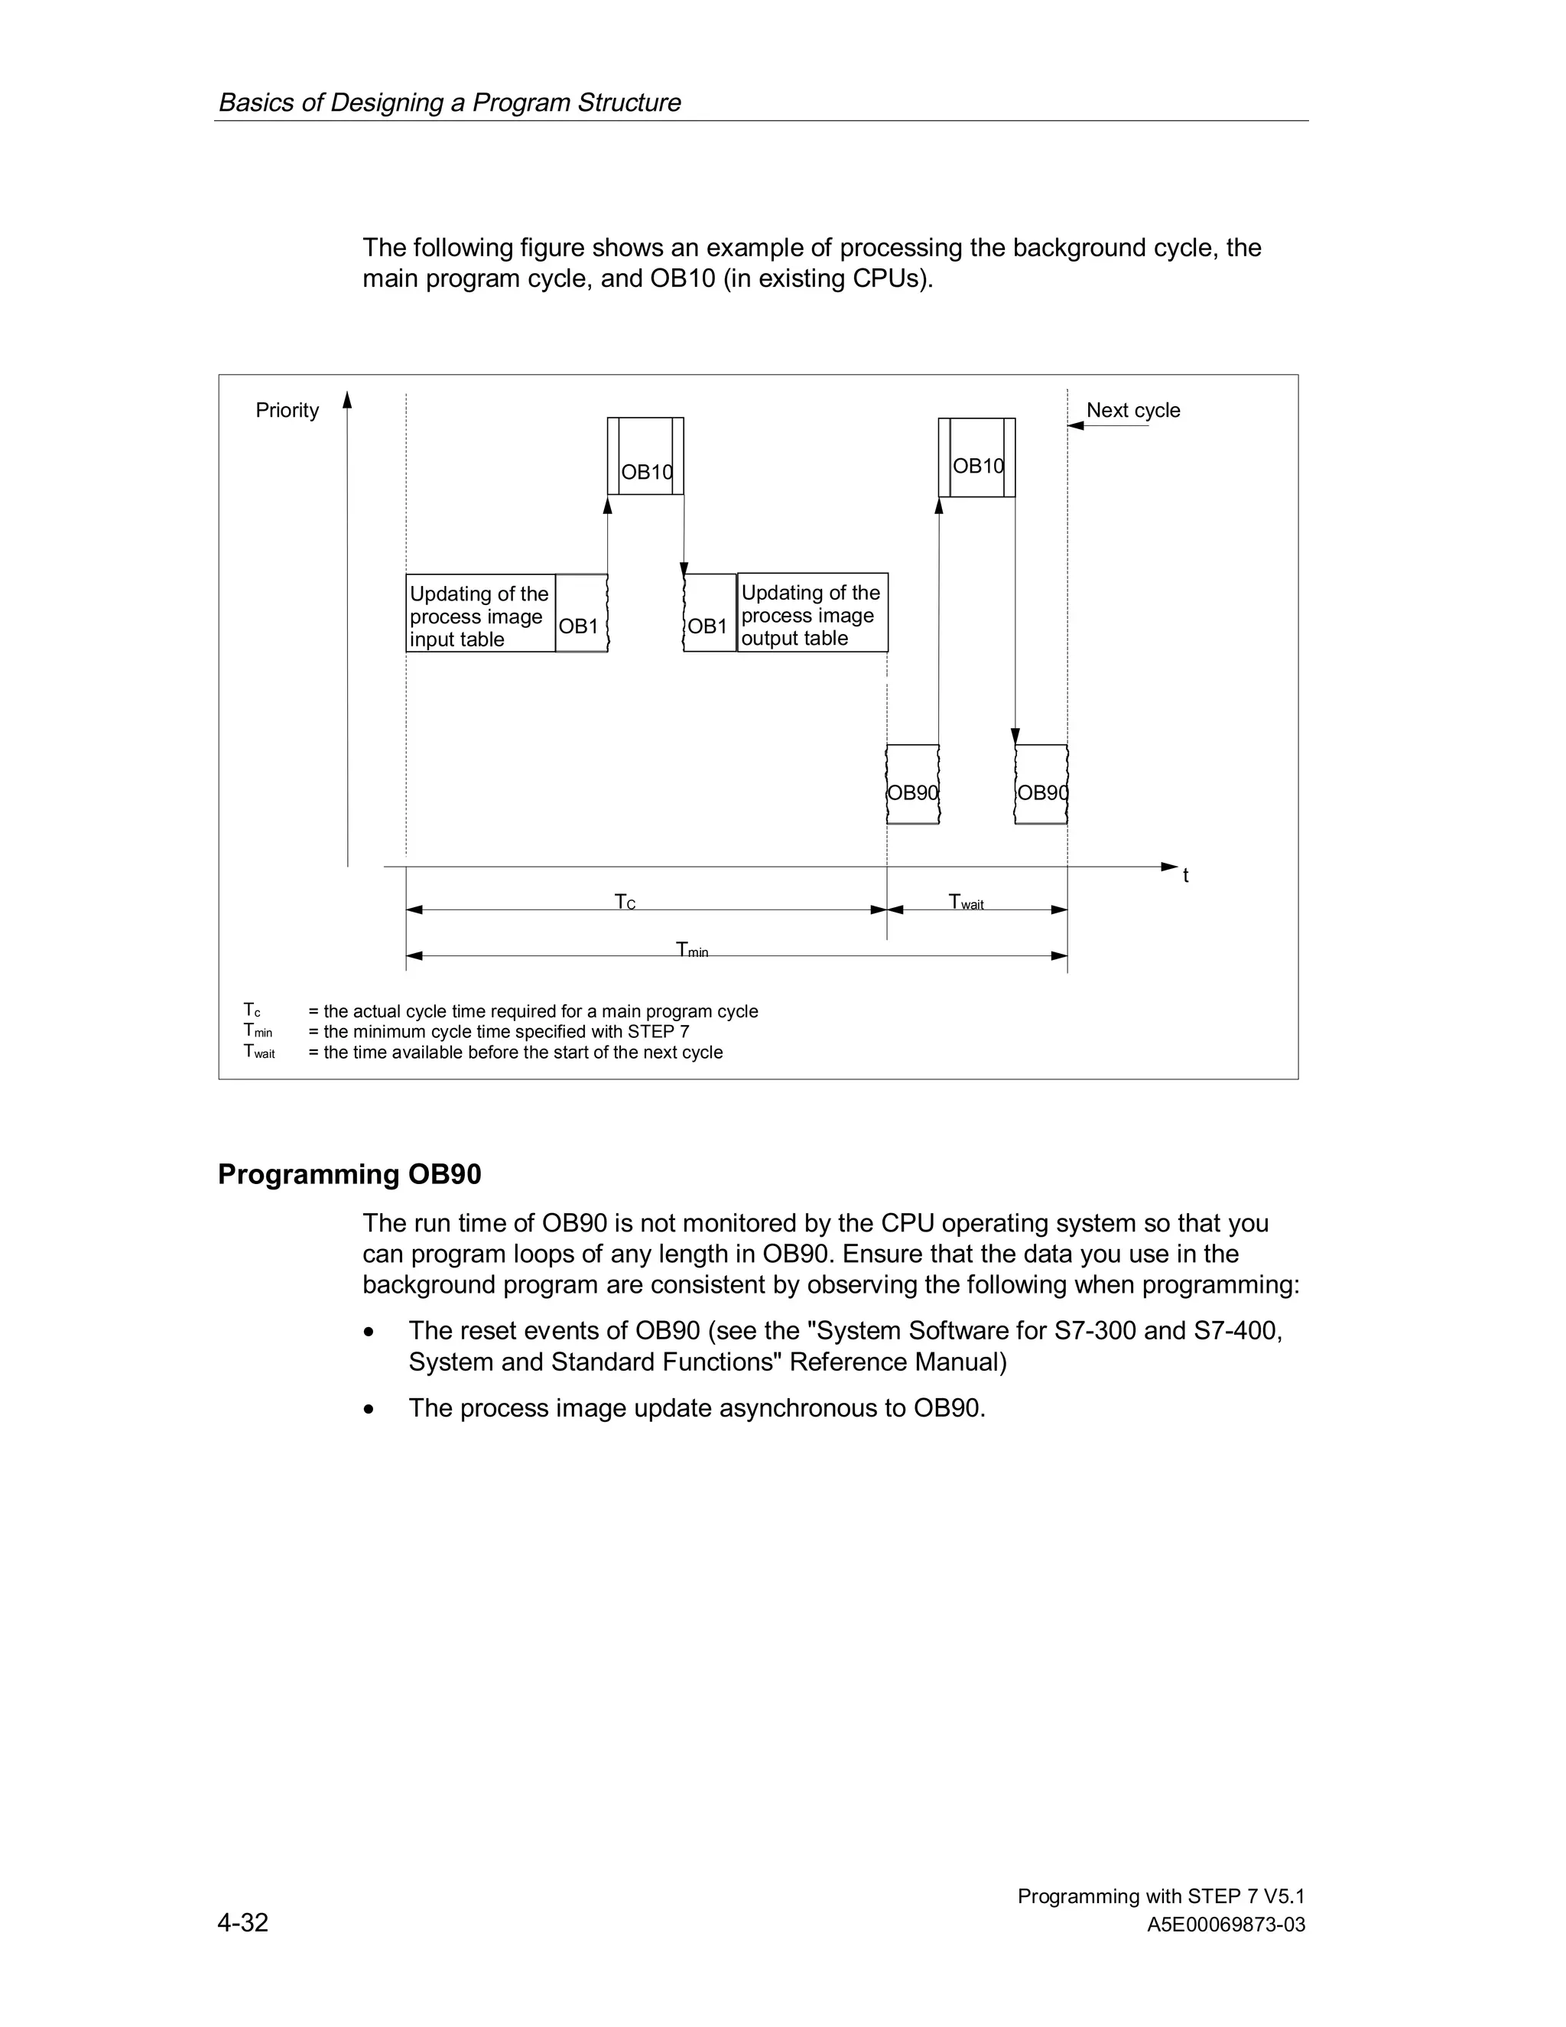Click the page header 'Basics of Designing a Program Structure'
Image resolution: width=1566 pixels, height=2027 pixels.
tap(449, 102)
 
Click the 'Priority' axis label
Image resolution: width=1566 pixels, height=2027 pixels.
tap(287, 410)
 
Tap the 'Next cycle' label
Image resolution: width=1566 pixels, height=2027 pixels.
tap(1132, 410)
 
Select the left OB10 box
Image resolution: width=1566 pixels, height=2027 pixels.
tap(645, 456)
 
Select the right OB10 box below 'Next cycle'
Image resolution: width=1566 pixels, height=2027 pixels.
tap(977, 457)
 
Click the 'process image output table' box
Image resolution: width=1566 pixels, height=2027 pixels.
tap(812, 613)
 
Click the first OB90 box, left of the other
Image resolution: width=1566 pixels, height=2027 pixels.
tap(913, 784)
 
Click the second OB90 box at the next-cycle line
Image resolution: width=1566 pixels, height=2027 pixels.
tap(1041, 784)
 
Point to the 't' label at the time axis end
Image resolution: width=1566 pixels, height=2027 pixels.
tap(1186, 875)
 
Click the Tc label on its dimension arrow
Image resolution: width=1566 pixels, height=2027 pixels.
tap(625, 902)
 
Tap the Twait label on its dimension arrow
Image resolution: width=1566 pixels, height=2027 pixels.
tap(966, 902)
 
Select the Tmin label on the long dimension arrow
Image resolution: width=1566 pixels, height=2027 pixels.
tap(692, 949)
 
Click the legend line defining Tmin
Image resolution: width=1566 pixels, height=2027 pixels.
tap(499, 1032)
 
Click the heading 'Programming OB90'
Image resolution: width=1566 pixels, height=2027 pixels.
tap(349, 1174)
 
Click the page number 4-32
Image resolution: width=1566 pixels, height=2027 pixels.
tap(243, 1922)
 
